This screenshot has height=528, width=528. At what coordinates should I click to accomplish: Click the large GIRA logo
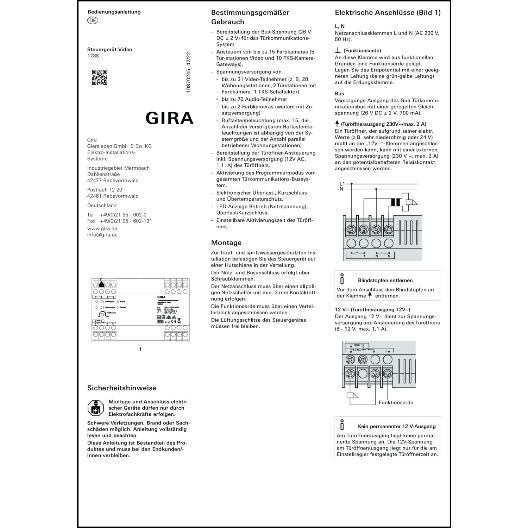click(170, 118)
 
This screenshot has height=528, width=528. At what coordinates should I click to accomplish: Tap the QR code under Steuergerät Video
click(100, 77)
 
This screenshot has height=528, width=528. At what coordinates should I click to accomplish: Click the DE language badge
click(93, 20)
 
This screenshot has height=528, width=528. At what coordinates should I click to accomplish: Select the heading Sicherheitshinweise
click(122, 388)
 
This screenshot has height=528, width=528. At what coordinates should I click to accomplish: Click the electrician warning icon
click(95, 408)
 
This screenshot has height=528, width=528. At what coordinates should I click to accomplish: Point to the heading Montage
click(226, 243)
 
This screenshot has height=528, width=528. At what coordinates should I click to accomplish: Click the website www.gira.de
click(102, 228)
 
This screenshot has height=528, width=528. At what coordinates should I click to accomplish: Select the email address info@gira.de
click(102, 235)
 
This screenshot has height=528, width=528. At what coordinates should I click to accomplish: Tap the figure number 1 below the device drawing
click(140, 350)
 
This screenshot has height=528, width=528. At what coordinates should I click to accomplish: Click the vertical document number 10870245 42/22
click(188, 73)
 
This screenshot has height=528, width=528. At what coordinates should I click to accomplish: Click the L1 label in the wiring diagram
click(342, 184)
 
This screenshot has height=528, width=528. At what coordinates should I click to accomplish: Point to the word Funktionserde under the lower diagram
click(396, 402)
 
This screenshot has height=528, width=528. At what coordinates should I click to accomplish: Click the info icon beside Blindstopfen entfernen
click(342, 279)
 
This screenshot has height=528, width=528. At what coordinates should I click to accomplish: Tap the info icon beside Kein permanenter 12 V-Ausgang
click(342, 425)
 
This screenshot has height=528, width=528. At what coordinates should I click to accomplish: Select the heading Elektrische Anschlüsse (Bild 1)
click(388, 13)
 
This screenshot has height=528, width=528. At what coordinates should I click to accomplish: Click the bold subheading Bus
click(339, 94)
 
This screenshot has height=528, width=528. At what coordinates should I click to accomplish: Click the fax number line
click(120, 221)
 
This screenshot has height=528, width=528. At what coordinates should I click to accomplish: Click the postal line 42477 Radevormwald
click(113, 181)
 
